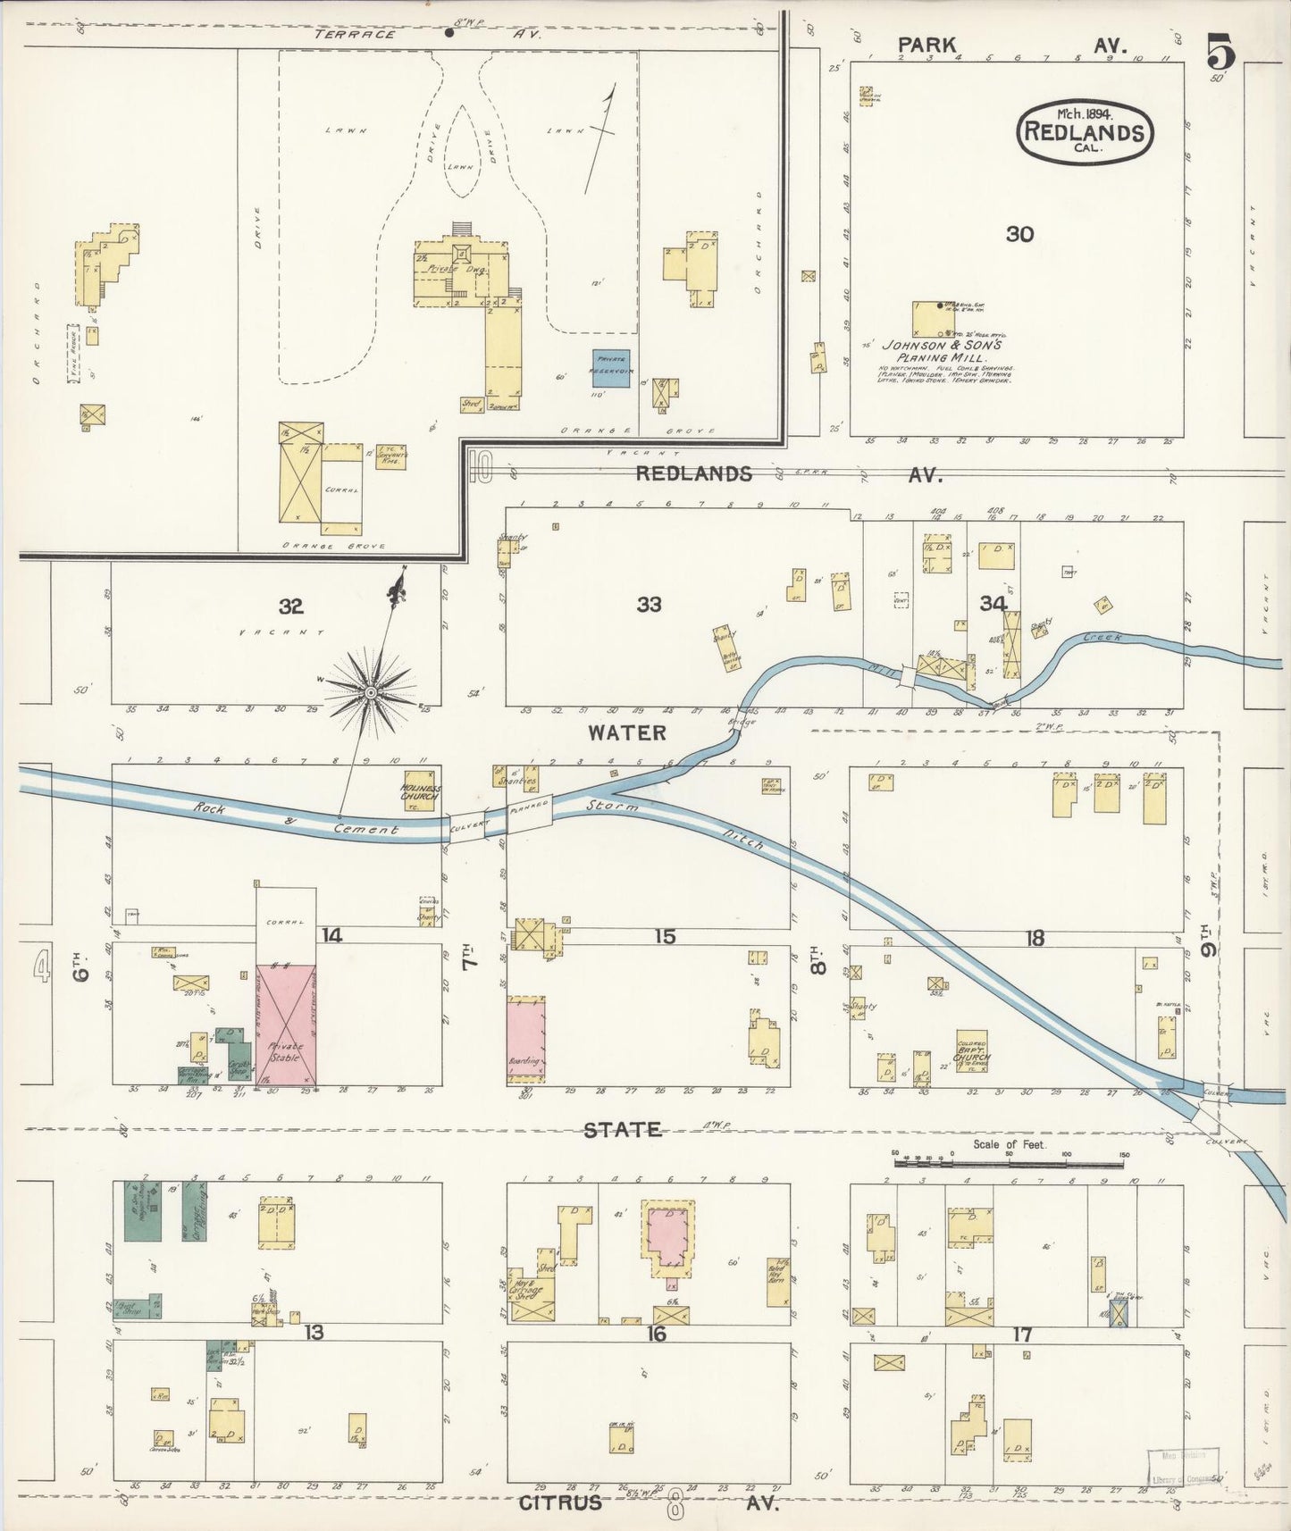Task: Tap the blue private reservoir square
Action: click(x=612, y=367)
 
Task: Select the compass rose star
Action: click(x=370, y=692)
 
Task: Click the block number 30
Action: click(x=1019, y=234)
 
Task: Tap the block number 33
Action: click(x=649, y=605)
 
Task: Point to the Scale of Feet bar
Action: click(x=1010, y=1164)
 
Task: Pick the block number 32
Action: click(x=290, y=607)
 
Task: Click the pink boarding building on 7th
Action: click(x=526, y=1041)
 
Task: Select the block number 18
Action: click(x=1035, y=938)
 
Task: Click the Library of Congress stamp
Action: click(x=1182, y=1466)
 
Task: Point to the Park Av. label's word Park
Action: click(x=926, y=45)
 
